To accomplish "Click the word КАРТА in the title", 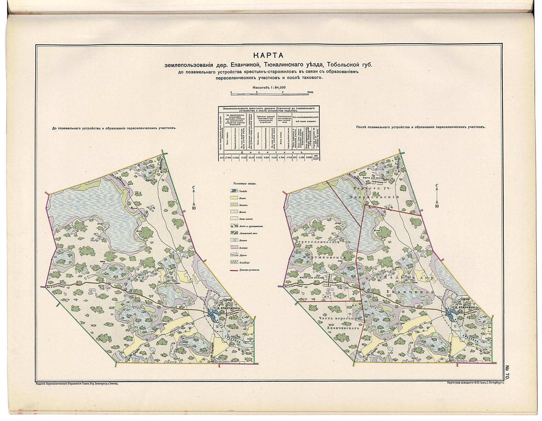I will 268,55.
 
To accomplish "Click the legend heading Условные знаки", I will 242,183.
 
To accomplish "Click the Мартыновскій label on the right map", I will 325,258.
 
